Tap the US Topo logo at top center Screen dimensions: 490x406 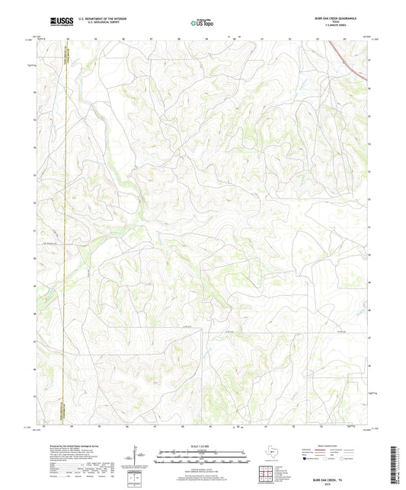point(200,24)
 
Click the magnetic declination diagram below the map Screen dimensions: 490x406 point(135,456)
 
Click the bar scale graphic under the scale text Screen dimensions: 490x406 point(201,457)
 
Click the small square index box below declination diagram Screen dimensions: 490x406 point(135,479)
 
